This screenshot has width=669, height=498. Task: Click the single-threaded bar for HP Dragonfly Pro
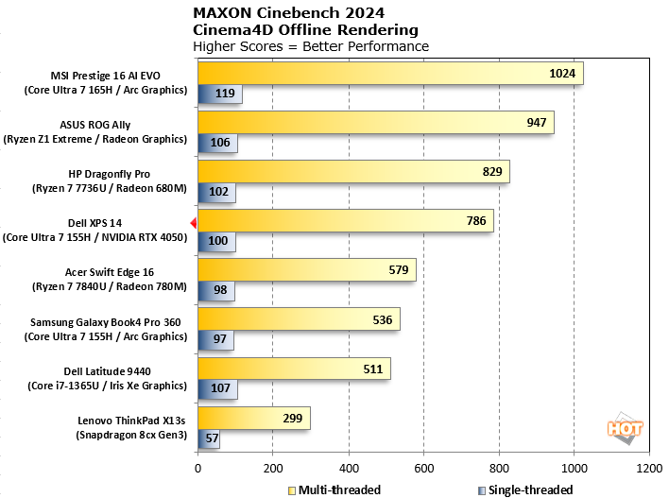tap(216, 192)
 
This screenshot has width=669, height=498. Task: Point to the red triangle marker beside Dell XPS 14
tap(194, 223)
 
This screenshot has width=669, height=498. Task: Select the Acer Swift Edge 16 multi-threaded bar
tap(306, 270)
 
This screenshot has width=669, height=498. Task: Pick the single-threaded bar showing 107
tap(217, 387)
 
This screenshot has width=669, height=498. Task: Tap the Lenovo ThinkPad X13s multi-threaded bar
tap(253, 418)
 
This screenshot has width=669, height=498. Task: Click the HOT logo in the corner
tap(624, 427)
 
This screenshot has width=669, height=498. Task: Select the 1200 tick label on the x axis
tap(649, 468)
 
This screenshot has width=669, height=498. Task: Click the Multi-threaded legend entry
tap(335, 489)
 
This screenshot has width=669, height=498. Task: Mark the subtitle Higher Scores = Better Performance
tap(310, 46)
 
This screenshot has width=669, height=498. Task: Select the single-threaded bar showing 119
tap(220, 94)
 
